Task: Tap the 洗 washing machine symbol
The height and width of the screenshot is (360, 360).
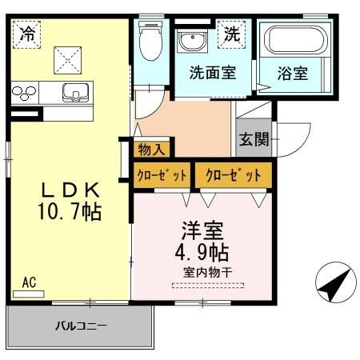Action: [x=231, y=34]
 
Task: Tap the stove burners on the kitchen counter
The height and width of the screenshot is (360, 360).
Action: [x=22, y=93]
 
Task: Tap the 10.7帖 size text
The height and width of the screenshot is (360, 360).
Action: [x=70, y=213]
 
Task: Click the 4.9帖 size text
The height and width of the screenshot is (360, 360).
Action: [x=200, y=253]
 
